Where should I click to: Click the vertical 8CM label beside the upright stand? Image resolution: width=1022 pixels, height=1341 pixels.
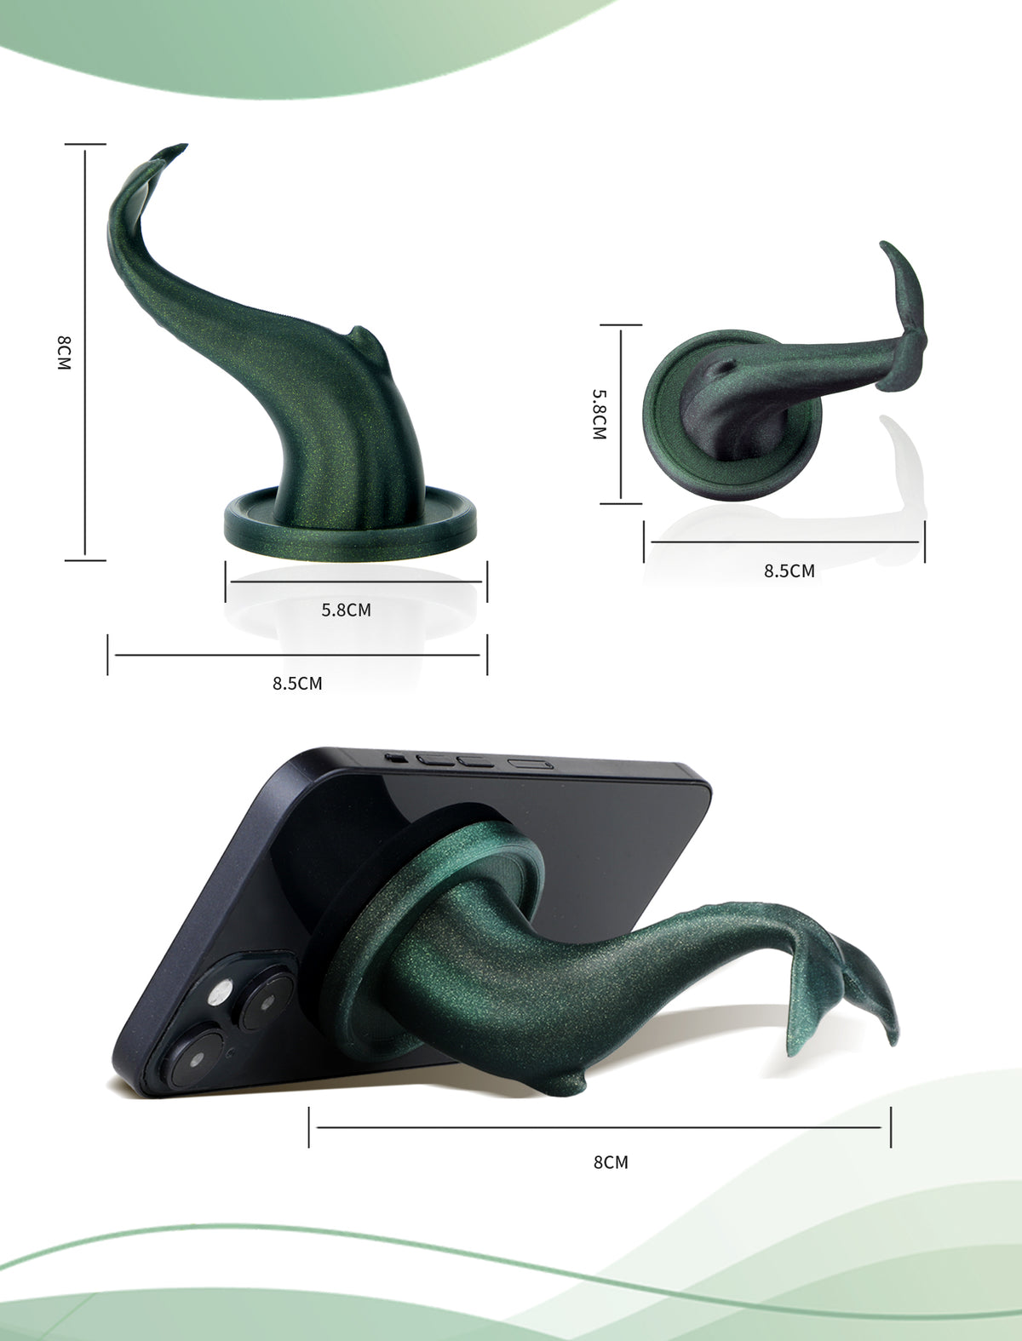(64, 352)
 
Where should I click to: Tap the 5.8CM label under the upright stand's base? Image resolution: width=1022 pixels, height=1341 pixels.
(347, 610)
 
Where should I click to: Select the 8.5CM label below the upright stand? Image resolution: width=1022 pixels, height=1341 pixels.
(297, 683)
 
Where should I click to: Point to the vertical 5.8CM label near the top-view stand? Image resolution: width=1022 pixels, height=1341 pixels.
(599, 415)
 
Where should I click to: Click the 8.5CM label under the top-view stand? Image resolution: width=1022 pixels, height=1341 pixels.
(789, 570)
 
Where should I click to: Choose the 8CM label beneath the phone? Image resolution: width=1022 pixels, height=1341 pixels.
(611, 1162)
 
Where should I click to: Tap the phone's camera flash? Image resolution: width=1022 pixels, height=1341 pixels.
(220, 993)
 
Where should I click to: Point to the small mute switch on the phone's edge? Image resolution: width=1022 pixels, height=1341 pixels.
(396, 759)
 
